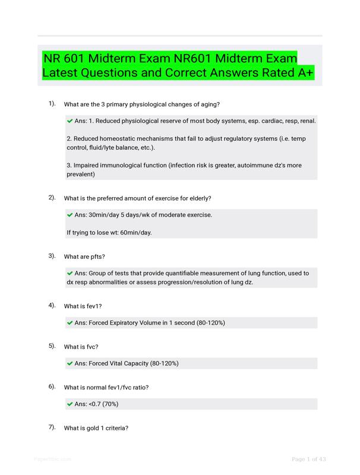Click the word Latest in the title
62,74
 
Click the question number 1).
52,104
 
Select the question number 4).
52,305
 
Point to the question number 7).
52,427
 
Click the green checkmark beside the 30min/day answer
70,214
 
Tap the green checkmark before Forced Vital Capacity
70,363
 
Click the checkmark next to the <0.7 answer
70,404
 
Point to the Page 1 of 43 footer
309,459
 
